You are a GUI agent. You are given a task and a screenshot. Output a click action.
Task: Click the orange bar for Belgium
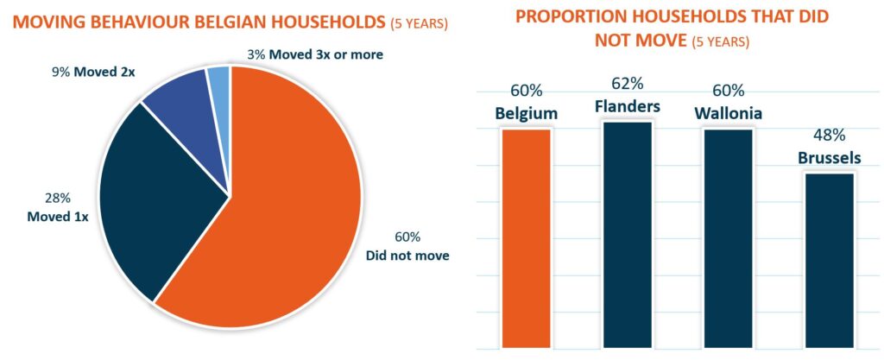point(526,238)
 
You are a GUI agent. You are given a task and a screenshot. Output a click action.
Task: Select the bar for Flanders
point(628,235)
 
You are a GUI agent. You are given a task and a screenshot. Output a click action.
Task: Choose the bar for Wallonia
point(728,238)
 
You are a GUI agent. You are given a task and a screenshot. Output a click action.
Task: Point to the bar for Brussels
point(830,260)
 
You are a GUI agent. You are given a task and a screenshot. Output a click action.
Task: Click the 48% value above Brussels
point(829,136)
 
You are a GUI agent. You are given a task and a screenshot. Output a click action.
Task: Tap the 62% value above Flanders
point(627,84)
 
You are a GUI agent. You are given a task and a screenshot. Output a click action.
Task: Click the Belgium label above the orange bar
point(526,113)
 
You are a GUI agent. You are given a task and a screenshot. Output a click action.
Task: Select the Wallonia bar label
point(729,113)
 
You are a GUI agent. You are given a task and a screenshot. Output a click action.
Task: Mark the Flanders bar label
point(628,106)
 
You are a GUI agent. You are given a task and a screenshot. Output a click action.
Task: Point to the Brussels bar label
point(830,158)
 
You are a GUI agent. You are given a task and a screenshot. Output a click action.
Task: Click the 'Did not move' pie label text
point(407,256)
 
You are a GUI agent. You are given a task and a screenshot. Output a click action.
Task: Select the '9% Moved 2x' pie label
point(94,73)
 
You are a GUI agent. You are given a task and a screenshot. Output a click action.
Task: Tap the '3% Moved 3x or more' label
point(315,54)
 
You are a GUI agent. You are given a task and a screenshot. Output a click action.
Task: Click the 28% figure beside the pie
point(58,199)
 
